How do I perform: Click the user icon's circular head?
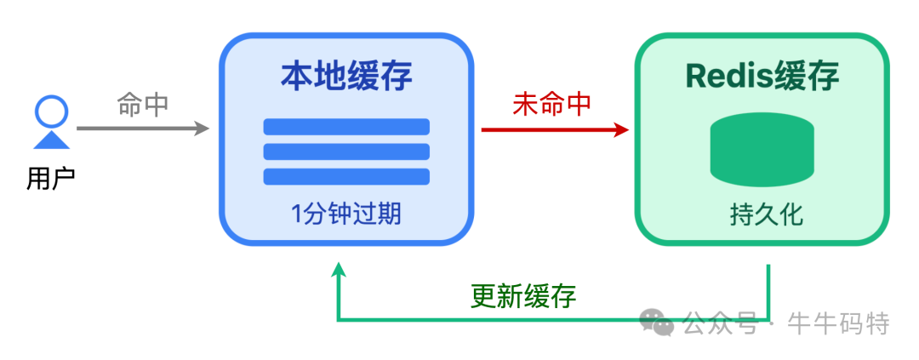(51, 111)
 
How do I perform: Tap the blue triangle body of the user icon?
(51, 140)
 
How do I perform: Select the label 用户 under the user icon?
(51, 179)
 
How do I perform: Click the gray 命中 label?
(143, 105)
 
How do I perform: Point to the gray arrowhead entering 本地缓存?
(202, 129)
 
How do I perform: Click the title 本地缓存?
(346, 77)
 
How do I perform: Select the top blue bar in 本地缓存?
(346, 127)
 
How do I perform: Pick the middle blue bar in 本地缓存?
(346, 151)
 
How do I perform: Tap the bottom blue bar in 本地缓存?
(346, 176)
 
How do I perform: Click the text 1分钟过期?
(346, 214)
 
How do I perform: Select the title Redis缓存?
(762, 77)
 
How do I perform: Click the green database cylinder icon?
(762, 151)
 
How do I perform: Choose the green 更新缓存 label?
(523, 296)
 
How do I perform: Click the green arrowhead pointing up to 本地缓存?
(339, 271)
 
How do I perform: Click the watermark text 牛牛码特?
(839, 323)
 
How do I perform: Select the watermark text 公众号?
(720, 323)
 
